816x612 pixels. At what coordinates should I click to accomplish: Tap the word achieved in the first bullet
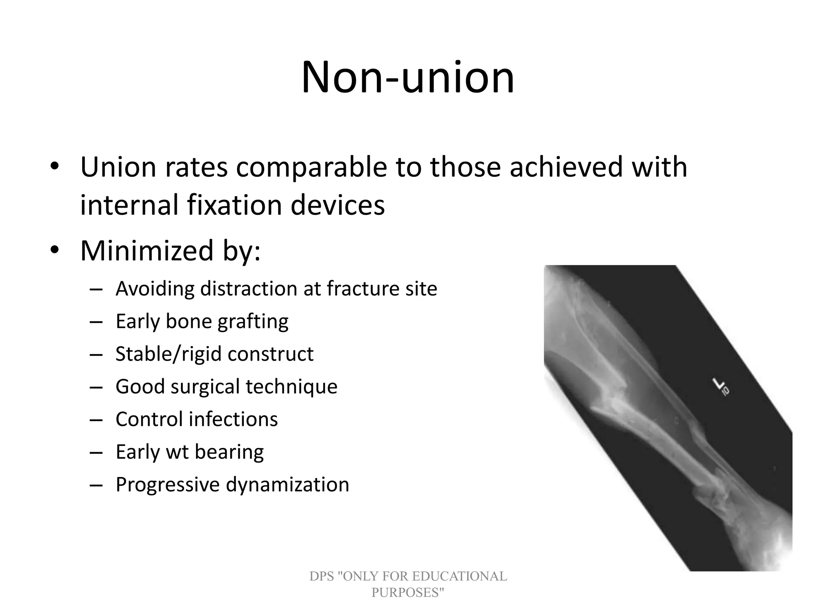click(x=566, y=167)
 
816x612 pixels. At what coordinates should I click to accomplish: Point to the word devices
click(x=337, y=205)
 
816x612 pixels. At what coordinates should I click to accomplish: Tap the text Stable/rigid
click(x=167, y=354)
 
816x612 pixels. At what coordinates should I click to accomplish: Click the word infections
click(x=233, y=419)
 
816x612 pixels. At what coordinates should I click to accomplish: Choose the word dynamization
click(x=287, y=485)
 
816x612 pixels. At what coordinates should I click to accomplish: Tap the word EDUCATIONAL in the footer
click(x=459, y=576)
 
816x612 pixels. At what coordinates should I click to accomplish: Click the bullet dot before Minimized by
click(x=54, y=251)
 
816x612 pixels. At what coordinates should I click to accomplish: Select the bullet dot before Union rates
click(x=54, y=167)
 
